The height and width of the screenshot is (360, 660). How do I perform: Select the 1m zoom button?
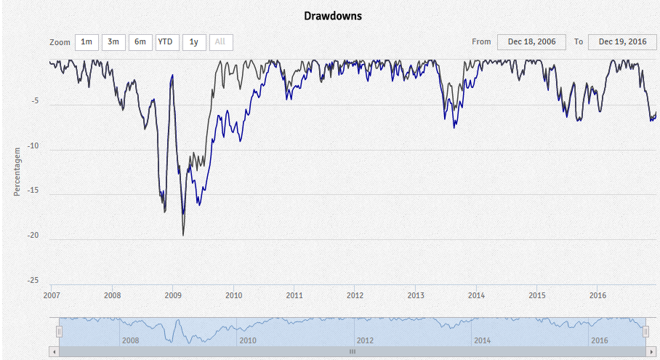[x=86, y=42]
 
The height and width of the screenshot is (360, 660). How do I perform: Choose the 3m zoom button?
[x=113, y=42]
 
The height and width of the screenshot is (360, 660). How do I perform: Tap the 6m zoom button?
[x=140, y=42]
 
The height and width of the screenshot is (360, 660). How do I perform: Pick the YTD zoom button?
[x=167, y=42]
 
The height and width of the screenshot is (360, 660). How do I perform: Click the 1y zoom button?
[x=193, y=42]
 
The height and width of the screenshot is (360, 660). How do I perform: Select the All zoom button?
[x=220, y=42]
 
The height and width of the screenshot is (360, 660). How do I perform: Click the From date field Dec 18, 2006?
[x=531, y=42]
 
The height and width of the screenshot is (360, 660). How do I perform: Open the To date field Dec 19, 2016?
[x=622, y=42]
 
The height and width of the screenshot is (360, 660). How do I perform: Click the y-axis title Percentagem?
[x=17, y=169]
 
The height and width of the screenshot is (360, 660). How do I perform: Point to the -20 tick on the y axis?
[x=33, y=236]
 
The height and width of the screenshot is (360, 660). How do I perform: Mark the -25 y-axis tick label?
[x=33, y=281]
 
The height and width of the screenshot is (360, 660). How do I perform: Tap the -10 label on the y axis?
[x=33, y=147]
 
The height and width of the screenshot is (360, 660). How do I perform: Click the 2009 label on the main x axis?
[x=173, y=295]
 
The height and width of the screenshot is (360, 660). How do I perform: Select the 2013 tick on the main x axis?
[x=416, y=295]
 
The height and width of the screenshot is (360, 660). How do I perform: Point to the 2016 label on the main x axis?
[x=597, y=295]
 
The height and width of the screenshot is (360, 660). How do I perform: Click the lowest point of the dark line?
[x=183, y=235]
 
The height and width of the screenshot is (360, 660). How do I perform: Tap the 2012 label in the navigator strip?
[x=365, y=340]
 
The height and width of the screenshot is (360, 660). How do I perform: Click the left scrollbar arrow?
[x=54, y=351]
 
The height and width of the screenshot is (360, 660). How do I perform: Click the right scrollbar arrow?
[x=651, y=351]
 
